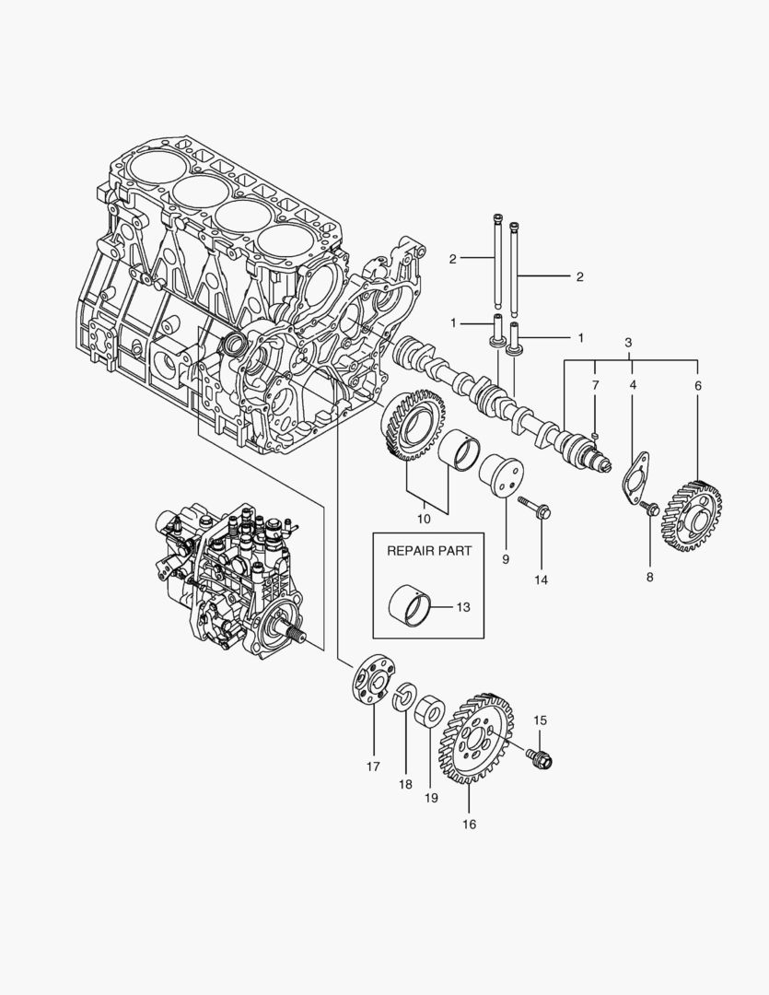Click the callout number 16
(x=469, y=825)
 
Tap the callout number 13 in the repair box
(x=463, y=606)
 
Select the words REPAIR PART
(x=428, y=550)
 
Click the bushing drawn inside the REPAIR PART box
(x=412, y=604)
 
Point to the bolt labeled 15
(x=539, y=757)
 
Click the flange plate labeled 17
(x=373, y=680)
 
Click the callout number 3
(x=628, y=343)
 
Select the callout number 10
(x=424, y=519)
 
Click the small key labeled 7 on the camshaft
(x=596, y=436)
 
